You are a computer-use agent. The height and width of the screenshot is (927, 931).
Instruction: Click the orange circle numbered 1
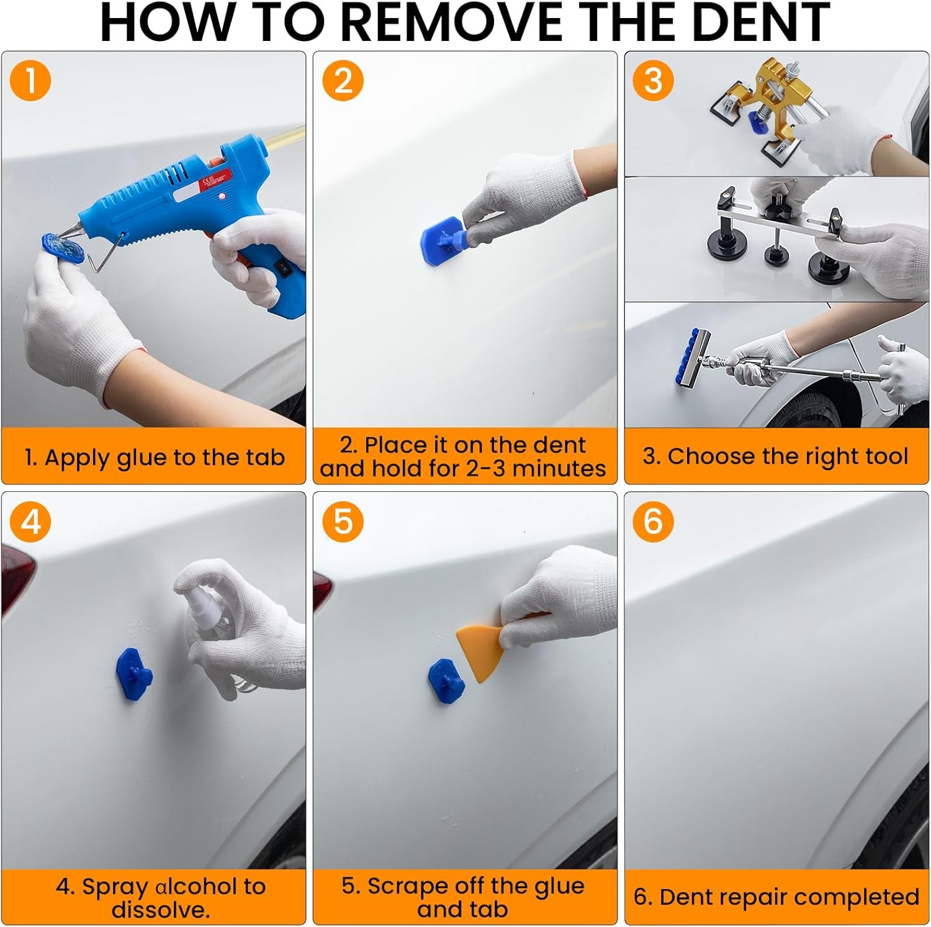click(x=30, y=81)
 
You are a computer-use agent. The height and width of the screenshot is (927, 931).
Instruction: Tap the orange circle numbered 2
click(x=343, y=81)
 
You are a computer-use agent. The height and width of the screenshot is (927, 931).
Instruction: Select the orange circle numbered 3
click(x=653, y=81)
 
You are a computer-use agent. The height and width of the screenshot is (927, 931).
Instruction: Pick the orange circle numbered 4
click(x=30, y=522)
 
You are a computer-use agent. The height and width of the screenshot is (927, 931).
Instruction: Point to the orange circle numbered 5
click(x=343, y=522)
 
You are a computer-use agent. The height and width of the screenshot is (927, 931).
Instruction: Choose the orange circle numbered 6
click(x=653, y=522)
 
